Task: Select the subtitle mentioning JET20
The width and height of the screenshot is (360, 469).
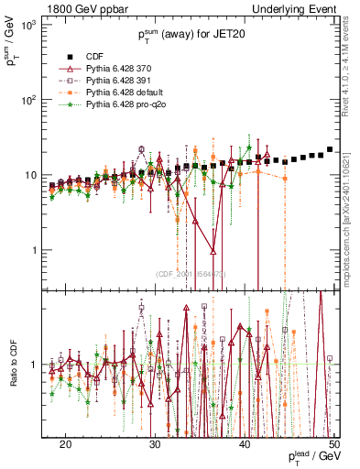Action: (191, 35)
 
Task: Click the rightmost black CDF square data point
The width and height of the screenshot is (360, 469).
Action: (329, 149)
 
